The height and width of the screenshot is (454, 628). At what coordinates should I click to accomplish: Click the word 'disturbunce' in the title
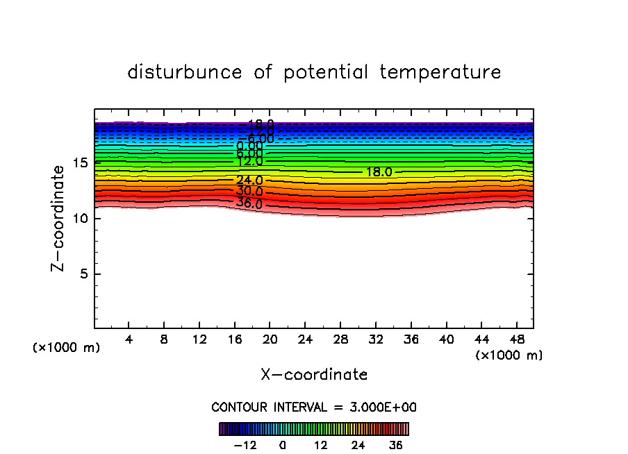click(x=185, y=72)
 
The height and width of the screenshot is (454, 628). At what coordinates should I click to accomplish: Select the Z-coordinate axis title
click(x=59, y=218)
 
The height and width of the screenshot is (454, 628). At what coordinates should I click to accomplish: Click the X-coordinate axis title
click(x=314, y=375)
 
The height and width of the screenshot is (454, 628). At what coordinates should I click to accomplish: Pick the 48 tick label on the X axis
click(x=516, y=339)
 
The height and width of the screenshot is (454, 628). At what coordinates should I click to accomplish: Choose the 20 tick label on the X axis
click(x=270, y=339)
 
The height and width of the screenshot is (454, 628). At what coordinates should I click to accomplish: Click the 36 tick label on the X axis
click(x=411, y=339)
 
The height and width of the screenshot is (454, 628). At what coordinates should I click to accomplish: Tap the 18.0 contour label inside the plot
click(x=379, y=172)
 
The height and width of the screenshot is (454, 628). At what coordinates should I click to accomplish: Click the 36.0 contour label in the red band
click(x=249, y=203)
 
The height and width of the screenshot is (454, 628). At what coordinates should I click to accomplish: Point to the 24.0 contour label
click(x=249, y=180)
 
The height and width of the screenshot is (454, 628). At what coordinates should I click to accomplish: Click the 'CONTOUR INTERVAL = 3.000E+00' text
click(x=314, y=407)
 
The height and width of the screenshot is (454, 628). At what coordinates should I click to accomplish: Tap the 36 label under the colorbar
click(x=395, y=445)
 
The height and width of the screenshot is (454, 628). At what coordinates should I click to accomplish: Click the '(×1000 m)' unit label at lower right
click(x=509, y=355)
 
